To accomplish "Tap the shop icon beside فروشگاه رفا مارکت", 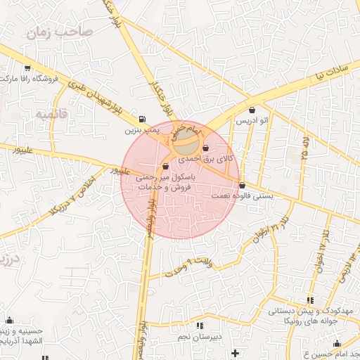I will (x=27, y=67).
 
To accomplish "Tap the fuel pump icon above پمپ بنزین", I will (x=143, y=119).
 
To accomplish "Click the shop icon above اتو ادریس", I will (x=252, y=110).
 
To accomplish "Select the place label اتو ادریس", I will (x=252, y=122).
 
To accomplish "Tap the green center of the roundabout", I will (x=186, y=146).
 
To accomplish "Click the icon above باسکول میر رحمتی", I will (x=165, y=167).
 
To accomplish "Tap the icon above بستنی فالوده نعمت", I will (x=243, y=186).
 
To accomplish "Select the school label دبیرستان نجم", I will (x=198, y=336).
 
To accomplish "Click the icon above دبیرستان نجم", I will (x=200, y=326).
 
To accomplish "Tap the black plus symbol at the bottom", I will (x=235, y=352).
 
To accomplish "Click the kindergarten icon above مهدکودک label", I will (x=310, y=301).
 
